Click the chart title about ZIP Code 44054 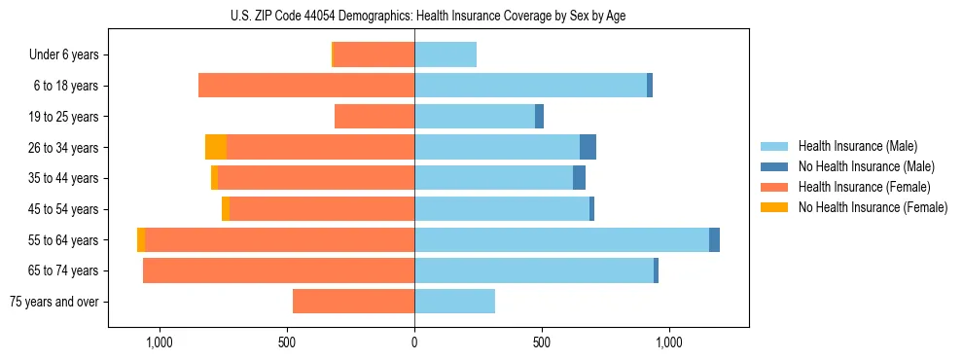pyautogui.click(x=428, y=16)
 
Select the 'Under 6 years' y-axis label pyautogui.click(x=64, y=55)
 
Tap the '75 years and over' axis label pyautogui.click(x=54, y=302)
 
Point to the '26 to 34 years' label pyautogui.click(x=65, y=148)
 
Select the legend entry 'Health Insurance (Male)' pyautogui.click(x=857, y=146)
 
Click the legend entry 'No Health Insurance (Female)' pyautogui.click(x=873, y=207)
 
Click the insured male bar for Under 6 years pyautogui.click(x=446, y=55)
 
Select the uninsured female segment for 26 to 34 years pyautogui.click(x=216, y=148)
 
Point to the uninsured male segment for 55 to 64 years pyautogui.click(x=714, y=240)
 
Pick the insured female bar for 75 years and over pyautogui.click(x=354, y=302)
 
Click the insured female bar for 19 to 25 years pyautogui.click(x=374, y=117)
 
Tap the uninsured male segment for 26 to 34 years pyautogui.click(x=588, y=148)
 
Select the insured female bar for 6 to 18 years pyautogui.click(x=306, y=86)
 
